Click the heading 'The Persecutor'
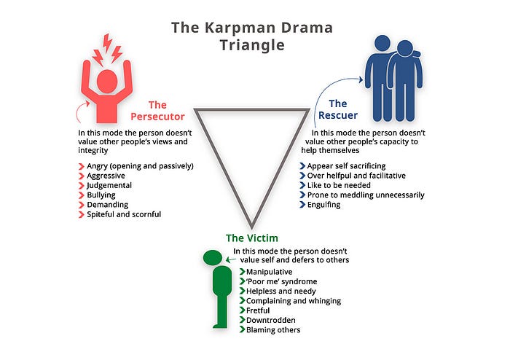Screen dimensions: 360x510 (x=157, y=111)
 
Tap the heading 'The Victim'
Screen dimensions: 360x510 (x=251, y=238)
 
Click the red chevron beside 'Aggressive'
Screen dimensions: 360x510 (x=81, y=176)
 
